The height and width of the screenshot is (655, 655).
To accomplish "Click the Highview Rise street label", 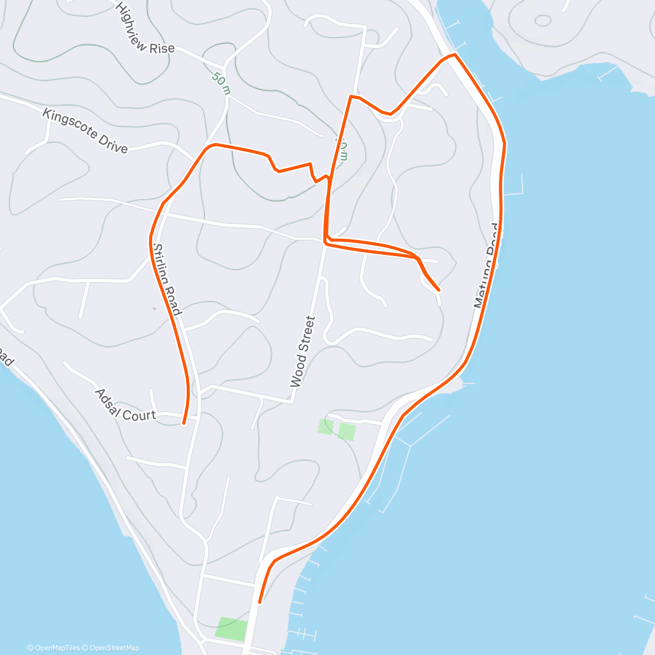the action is [x=145, y=29].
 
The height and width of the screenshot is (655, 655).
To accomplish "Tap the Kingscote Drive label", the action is [x=85, y=131].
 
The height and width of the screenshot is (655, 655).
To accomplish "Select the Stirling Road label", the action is [x=167, y=279].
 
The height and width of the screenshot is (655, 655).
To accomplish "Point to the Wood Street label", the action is [x=303, y=352].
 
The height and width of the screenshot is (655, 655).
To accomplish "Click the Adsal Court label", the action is [x=125, y=406].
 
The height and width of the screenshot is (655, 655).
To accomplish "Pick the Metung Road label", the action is [x=486, y=266].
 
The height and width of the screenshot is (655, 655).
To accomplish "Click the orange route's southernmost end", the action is [x=260, y=602].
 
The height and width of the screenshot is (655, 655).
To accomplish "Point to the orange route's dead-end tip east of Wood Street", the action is [x=439, y=290].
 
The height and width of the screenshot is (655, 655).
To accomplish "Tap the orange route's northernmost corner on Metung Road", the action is [x=454, y=55].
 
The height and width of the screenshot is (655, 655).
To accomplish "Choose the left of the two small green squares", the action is [x=325, y=426].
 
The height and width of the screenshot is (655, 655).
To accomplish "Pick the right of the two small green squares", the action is [x=347, y=431].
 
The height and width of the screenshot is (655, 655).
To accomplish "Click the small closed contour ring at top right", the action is [x=543, y=21].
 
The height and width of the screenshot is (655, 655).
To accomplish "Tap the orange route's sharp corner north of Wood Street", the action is [x=350, y=97].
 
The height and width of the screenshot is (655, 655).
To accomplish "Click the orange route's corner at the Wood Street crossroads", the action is [x=325, y=242].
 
